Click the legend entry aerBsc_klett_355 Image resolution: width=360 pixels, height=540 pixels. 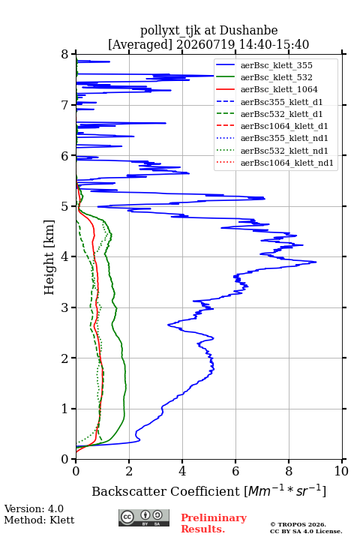pyautogui.click(x=276, y=65)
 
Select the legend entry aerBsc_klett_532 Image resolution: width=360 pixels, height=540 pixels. pyautogui.click(x=276, y=77)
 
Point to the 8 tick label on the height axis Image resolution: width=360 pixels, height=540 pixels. pyautogui.click(x=65, y=55)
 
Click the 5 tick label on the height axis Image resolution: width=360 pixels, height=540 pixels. pyautogui.click(x=65, y=207)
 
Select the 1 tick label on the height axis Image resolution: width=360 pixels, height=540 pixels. pyautogui.click(x=65, y=409)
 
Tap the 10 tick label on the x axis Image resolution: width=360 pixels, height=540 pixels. pyautogui.click(x=341, y=471)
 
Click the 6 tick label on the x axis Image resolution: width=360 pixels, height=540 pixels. pyautogui.click(x=235, y=471)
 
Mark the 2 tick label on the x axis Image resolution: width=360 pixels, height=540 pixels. pyautogui.click(x=129, y=471)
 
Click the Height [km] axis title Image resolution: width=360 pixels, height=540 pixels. pyautogui.click(x=49, y=257)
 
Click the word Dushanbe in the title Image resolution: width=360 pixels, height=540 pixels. pyautogui.click(x=248, y=31)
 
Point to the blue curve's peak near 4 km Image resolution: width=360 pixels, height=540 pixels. pyautogui.click(x=316, y=262)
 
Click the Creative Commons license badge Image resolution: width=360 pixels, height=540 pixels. pyautogui.click(x=144, y=517)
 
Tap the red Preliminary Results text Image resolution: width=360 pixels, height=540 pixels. pyautogui.click(x=214, y=523)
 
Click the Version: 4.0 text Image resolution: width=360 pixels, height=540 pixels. pyautogui.click(x=34, y=509)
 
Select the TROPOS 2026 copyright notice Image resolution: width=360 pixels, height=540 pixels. pyautogui.click(x=298, y=524)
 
